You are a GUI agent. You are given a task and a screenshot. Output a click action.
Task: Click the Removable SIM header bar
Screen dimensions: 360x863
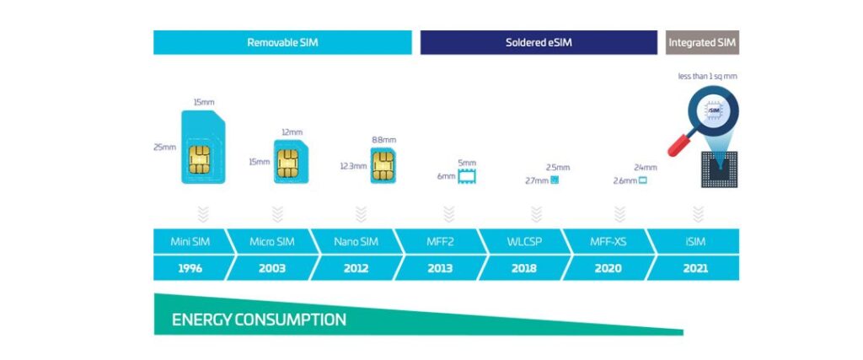282,42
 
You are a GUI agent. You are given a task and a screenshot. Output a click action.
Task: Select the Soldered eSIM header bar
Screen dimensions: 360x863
539,42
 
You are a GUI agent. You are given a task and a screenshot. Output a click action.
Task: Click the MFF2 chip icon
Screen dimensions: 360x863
466,176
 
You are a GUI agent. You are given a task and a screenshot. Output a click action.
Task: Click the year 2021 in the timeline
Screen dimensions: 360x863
696,268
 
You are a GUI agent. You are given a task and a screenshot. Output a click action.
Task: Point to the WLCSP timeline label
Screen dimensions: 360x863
524,242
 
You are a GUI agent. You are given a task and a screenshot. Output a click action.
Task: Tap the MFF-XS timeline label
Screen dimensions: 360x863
608,242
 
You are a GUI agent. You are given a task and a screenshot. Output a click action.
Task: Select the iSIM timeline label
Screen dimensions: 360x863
696,242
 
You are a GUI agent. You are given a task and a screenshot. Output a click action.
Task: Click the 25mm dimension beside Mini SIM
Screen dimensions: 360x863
165,147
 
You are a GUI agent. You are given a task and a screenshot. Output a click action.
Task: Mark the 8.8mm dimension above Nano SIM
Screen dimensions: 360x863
383,139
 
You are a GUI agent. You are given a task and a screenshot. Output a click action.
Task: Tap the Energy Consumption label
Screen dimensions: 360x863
259,320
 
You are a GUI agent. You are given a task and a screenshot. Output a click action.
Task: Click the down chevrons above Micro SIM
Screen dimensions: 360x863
277,213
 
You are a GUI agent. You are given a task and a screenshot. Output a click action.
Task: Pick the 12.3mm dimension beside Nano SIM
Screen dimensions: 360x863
353,166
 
